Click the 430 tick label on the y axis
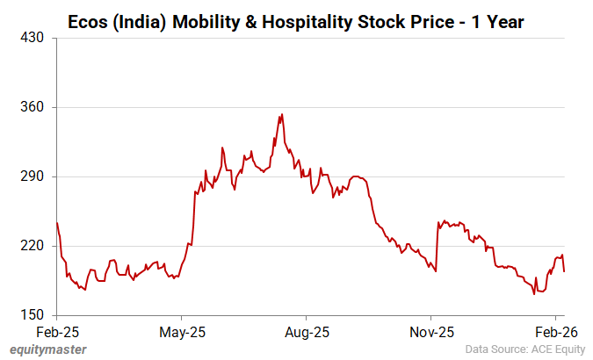pos(34,39)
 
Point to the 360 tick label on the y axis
pos(34,108)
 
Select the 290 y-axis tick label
pos(34,176)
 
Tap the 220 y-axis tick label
pos(34,246)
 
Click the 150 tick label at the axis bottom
pos(34,314)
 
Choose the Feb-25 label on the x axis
pos(56,333)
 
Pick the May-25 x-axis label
pos(181,333)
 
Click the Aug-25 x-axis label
pos(307,333)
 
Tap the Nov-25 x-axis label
pos(431,333)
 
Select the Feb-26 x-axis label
pos(556,333)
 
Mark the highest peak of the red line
pos(281,113)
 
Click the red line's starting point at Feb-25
pos(56,223)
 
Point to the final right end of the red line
pos(564,271)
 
